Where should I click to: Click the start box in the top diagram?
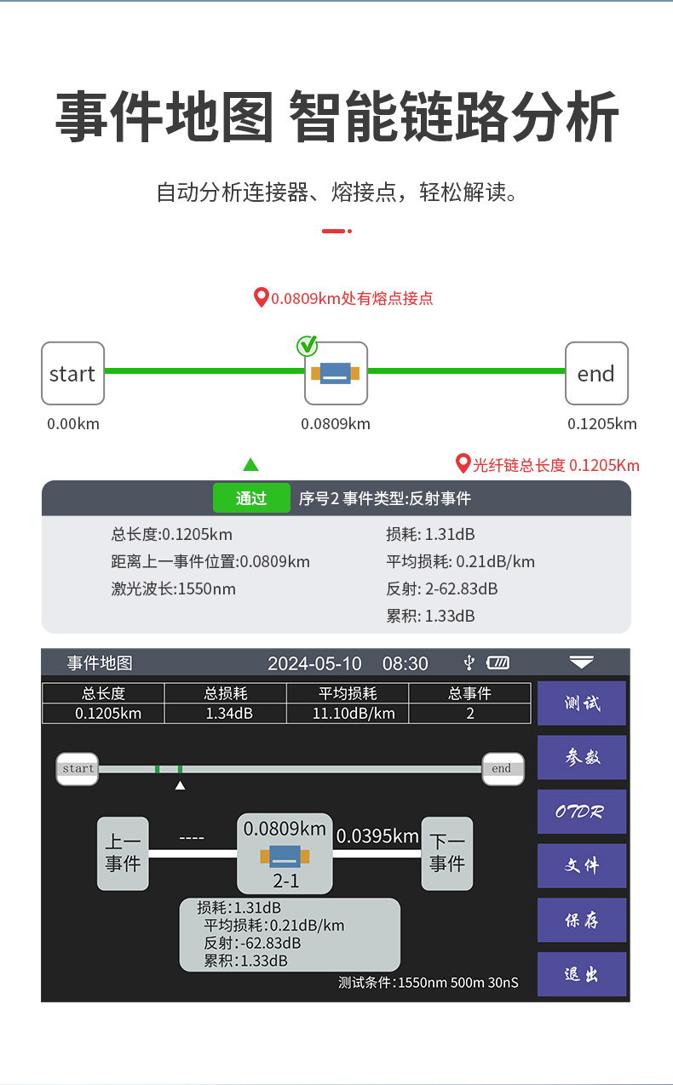click(x=72, y=373)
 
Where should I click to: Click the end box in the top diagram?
click(x=596, y=373)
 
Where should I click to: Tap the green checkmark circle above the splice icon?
click(x=307, y=346)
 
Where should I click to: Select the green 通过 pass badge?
click(x=251, y=498)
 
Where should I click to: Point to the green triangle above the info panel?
click(x=250, y=465)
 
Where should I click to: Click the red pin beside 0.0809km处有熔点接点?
click(x=262, y=297)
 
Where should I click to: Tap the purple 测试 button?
click(x=582, y=703)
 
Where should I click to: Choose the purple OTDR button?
click(x=582, y=812)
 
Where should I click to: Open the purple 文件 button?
click(x=582, y=865)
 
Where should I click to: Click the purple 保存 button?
click(x=582, y=920)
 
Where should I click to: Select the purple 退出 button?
click(x=582, y=974)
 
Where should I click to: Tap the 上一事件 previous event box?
click(x=123, y=853)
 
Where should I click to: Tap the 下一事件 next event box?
click(x=446, y=853)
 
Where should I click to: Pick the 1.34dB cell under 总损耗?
click(x=225, y=714)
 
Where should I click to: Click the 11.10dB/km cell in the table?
click(x=348, y=714)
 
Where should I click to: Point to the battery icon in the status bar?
click(x=498, y=663)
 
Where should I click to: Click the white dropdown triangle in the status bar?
click(x=582, y=662)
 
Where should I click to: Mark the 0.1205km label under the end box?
click(x=601, y=424)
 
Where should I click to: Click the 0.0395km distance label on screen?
click(x=377, y=836)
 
